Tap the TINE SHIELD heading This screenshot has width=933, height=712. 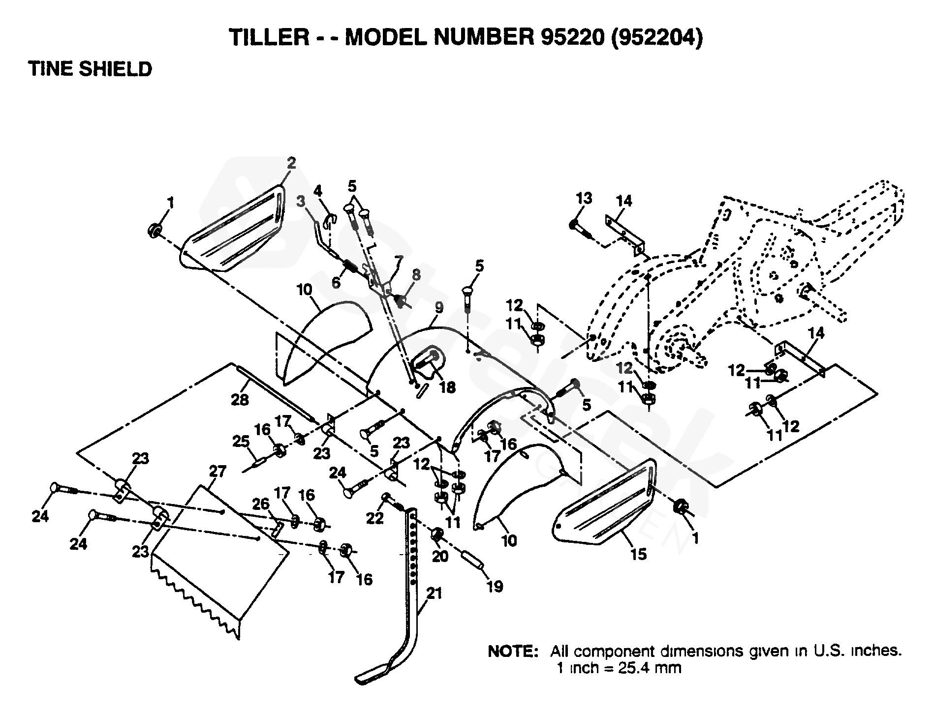90,69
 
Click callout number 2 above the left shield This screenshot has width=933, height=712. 292,163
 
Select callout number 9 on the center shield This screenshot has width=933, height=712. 438,308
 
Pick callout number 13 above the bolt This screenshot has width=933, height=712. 584,199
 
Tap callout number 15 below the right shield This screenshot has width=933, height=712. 638,554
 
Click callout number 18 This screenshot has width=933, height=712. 447,387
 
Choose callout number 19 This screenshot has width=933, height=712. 495,586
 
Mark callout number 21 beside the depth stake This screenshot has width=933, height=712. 434,594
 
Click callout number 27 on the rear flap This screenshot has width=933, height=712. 217,472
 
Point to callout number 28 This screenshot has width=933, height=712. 240,400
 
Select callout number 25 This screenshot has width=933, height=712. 241,442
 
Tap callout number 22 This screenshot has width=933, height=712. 374,518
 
